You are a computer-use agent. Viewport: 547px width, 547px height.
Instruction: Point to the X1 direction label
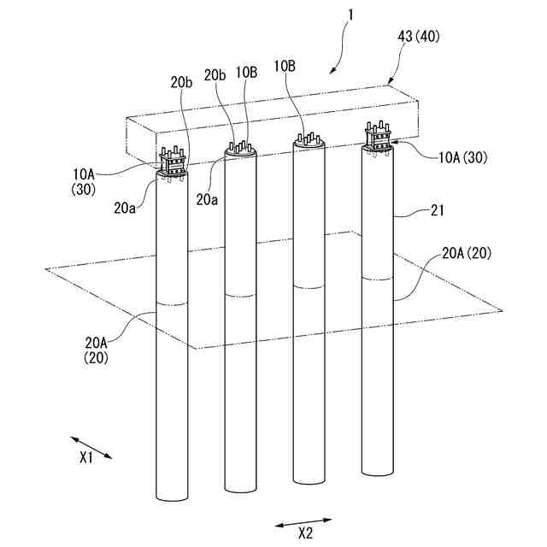[x=85, y=457]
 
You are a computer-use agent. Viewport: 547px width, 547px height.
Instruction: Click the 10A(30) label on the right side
[x=462, y=157]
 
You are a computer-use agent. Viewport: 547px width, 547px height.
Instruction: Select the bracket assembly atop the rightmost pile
[x=379, y=139]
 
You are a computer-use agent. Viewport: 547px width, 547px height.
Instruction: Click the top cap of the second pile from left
[x=242, y=150]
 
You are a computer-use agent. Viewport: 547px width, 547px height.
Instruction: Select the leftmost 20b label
[x=180, y=82]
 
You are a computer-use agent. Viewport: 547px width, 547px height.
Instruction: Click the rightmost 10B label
[x=285, y=66]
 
